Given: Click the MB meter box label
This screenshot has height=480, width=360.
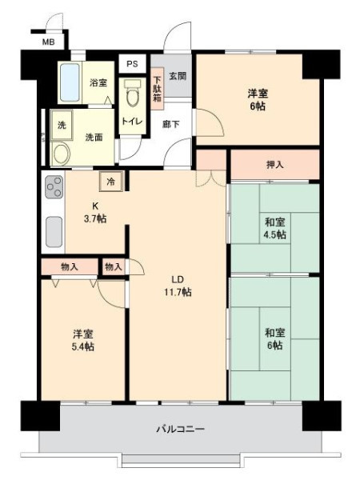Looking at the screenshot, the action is coord(48,42).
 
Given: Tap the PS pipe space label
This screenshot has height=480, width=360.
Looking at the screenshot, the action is coord(132,64).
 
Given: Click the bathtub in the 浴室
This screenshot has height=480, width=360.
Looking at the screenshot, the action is coord(70,82).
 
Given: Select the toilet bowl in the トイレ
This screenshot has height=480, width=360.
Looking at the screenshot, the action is coord(134,93).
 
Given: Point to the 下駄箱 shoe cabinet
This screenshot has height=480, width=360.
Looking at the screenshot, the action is coord(158,89).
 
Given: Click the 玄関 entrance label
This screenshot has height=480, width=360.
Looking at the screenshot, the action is coord(178,76).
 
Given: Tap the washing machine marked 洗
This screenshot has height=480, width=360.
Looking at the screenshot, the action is coord(62,126).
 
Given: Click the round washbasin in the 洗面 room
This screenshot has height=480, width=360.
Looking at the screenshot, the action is coord(62,154).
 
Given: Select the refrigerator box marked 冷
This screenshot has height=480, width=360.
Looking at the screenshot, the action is coord(111,182).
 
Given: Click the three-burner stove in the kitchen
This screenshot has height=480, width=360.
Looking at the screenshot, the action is coord(54,186).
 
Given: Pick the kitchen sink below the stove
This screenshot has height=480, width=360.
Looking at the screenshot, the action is coord(54,231).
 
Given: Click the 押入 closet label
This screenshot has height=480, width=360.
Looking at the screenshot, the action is coord(275,165).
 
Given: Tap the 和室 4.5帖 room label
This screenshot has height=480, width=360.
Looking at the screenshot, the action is coord(275,228).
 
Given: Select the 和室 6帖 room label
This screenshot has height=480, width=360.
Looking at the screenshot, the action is coord(274,338).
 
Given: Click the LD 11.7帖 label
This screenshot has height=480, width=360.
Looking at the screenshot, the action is coord(178,286).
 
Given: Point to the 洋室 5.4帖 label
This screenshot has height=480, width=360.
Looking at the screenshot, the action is coord(83,340).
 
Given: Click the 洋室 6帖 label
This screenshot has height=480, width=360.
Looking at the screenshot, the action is coord(258,99).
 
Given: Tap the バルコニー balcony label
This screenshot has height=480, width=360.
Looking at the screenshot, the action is coord(180,429).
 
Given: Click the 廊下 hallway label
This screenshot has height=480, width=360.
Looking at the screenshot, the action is coord(171,124).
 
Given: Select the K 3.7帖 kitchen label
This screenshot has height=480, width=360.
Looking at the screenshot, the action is coord(95,213).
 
